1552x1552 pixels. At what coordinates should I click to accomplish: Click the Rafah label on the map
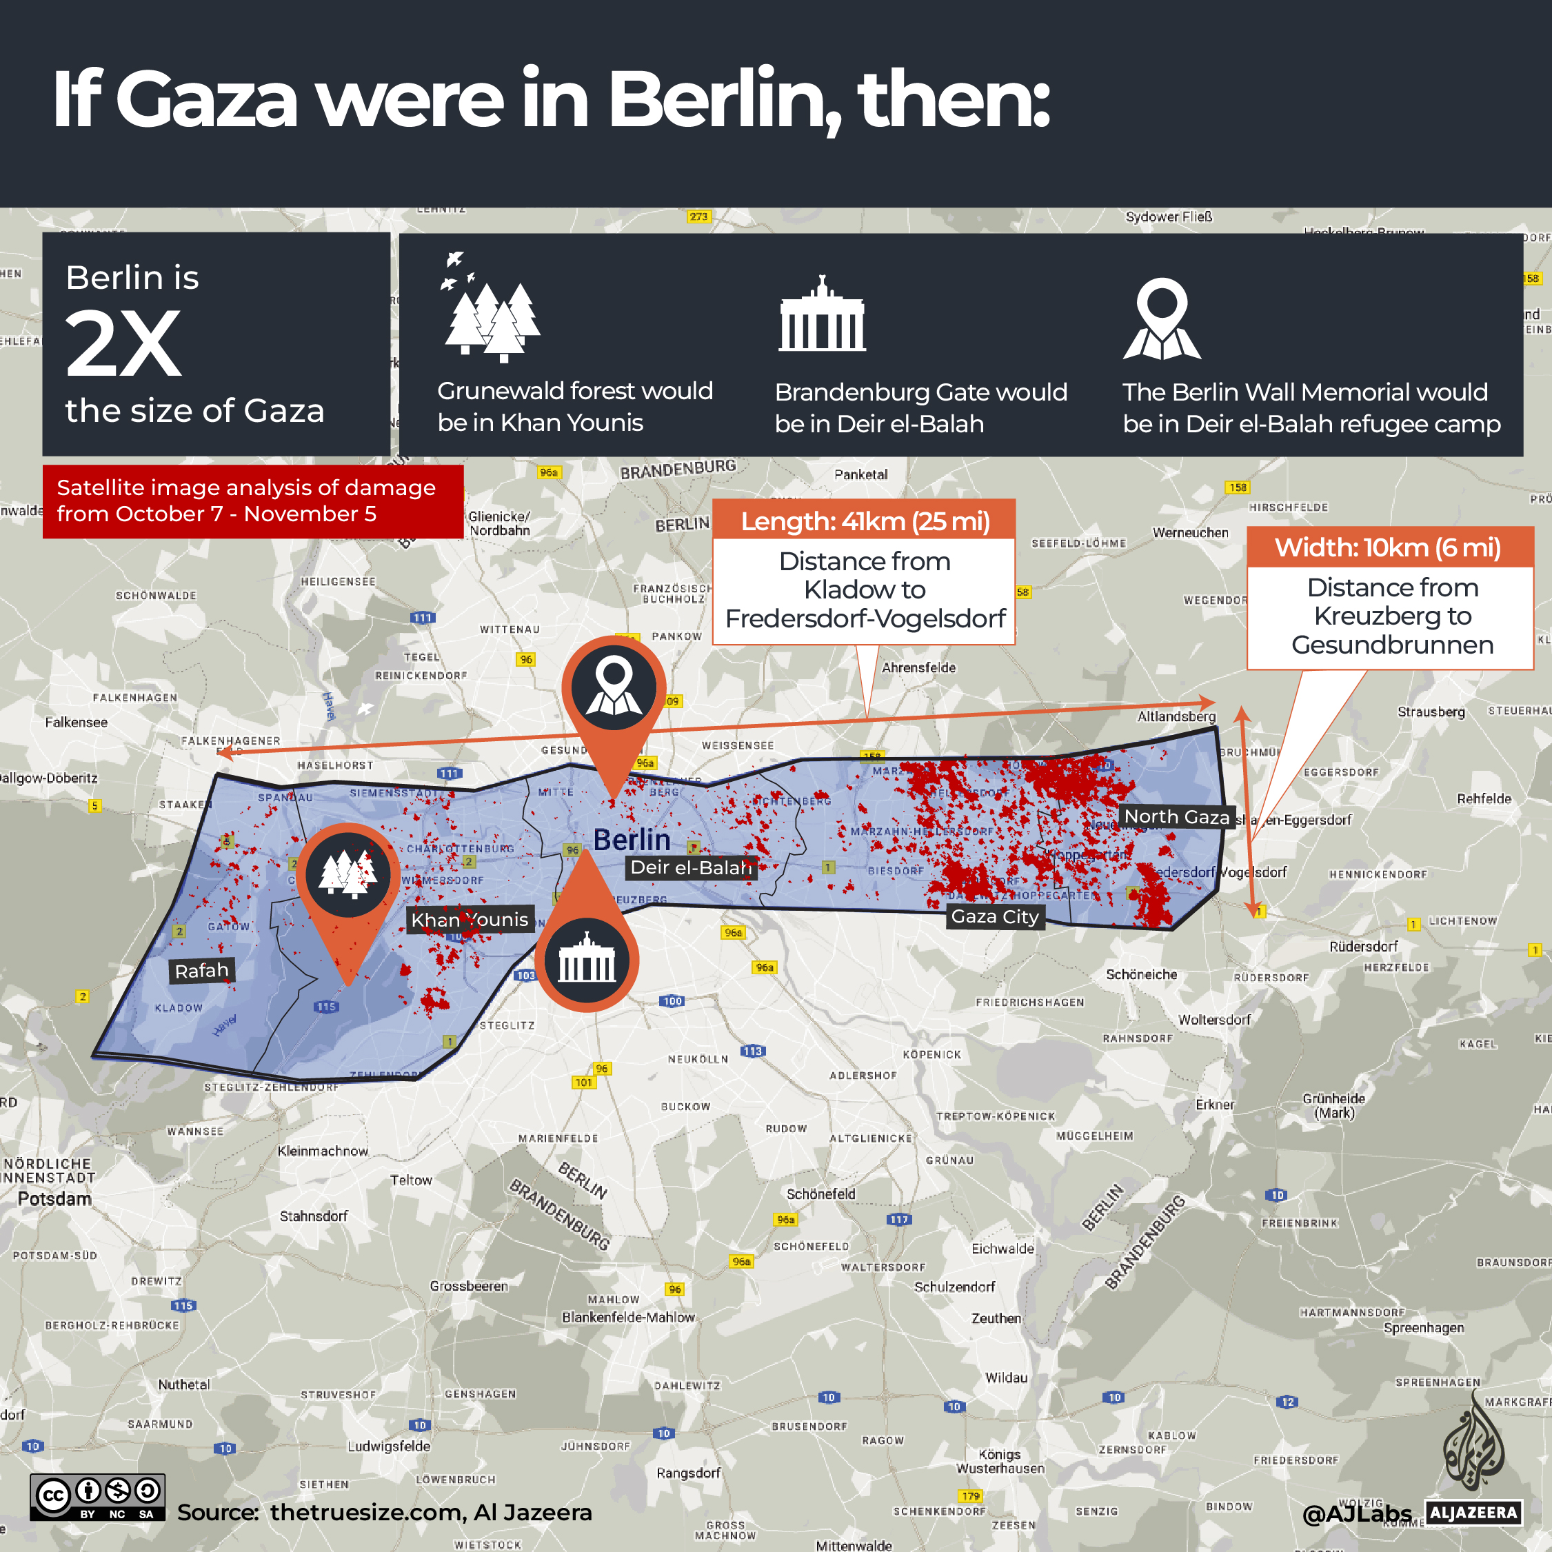point(201,970)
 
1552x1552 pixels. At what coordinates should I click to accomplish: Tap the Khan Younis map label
point(470,920)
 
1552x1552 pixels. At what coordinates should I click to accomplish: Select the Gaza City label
point(994,916)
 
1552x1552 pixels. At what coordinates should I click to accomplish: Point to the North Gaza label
point(1176,817)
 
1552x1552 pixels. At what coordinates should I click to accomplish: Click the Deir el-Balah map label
point(691,867)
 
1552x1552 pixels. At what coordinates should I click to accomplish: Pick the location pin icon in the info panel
point(1162,319)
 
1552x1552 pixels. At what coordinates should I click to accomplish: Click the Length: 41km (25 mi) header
point(865,521)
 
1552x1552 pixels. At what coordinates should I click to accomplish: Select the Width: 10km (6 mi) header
point(1388,548)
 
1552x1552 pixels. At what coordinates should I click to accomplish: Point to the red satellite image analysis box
point(252,501)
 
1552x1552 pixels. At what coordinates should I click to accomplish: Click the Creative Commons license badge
point(97,1498)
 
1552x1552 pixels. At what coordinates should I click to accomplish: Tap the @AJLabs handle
point(1356,1514)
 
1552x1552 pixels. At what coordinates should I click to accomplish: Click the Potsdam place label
point(54,1198)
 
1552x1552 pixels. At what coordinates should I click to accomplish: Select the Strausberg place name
point(1431,712)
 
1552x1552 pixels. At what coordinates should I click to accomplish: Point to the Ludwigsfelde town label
point(389,1446)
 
